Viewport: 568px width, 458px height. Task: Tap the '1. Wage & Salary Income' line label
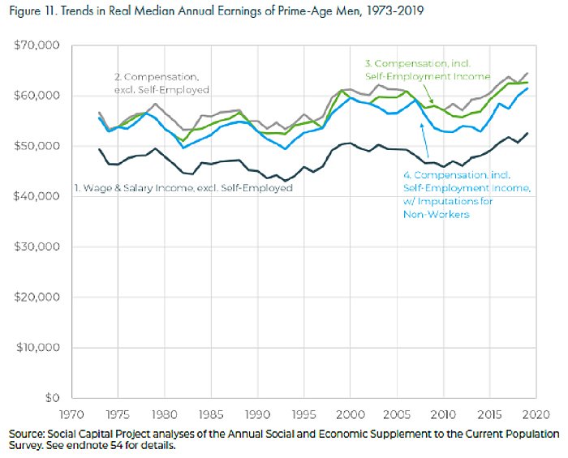coord(182,188)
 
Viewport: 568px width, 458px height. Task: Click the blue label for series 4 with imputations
coord(466,188)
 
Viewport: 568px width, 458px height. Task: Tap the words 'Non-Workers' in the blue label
coord(436,214)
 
